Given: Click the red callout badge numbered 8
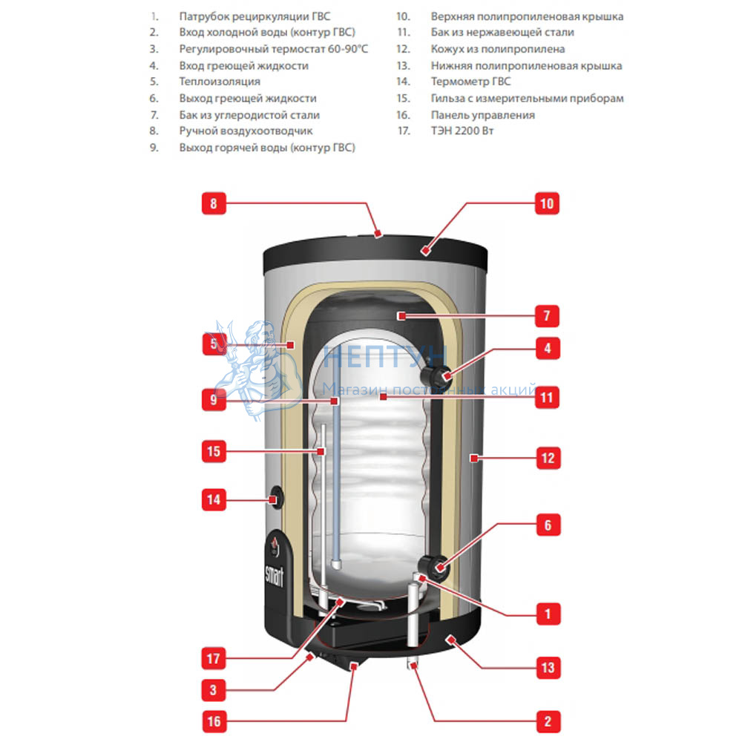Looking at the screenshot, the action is pos(214,203).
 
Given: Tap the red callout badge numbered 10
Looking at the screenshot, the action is pos(547,203).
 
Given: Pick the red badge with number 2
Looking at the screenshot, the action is pos(548,721).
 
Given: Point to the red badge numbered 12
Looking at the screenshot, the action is pos(548,458).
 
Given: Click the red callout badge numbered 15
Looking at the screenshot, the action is pos(214,451).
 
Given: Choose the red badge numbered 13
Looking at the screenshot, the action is pos(548,667).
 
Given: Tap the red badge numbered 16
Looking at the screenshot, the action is pos(214,721).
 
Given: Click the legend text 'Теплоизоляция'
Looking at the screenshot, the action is pos(220,82).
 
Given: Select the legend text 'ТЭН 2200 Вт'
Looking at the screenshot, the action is pos(462,131).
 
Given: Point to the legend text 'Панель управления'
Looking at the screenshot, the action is pos(483,115).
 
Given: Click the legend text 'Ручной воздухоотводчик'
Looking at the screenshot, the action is pos(246,131).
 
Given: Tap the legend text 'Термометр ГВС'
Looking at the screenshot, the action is pos(470,82).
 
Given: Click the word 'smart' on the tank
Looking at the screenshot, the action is pos(275,576).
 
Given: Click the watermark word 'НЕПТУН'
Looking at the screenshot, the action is pos(385,356).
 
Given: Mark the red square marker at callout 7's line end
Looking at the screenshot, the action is pos(401,315).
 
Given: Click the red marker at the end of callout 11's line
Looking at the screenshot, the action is pos(384,396).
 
